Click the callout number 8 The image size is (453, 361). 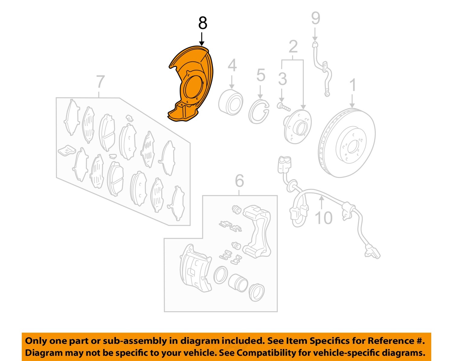pos(203,23)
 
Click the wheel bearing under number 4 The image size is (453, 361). pos(231,102)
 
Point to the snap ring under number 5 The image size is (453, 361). pos(259,112)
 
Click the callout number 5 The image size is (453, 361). pos(261,75)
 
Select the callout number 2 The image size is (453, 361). pos(293,47)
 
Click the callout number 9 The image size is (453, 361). pos(315,18)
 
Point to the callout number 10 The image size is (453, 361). pos(323,217)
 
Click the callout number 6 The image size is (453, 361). pos(239,181)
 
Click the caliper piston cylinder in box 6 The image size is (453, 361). pos(238,283)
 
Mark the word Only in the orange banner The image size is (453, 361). pos(35,341)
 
